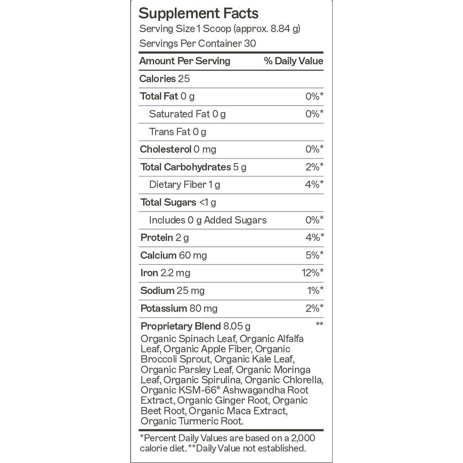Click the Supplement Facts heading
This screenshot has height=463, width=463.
pyautogui.click(x=199, y=13)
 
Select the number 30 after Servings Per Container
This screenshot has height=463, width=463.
pyautogui.click(x=250, y=44)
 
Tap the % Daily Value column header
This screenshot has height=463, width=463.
pyautogui.click(x=294, y=61)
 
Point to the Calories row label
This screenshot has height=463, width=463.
pyautogui.click(x=157, y=79)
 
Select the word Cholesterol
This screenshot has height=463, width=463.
pyautogui.click(x=165, y=150)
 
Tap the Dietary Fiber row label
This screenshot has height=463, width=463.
pyautogui.click(x=177, y=185)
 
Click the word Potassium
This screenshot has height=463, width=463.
pyautogui.click(x=163, y=308)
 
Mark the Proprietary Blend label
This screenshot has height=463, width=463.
pyautogui.click(x=179, y=326)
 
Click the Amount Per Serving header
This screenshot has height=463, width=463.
pyautogui.click(x=185, y=61)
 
